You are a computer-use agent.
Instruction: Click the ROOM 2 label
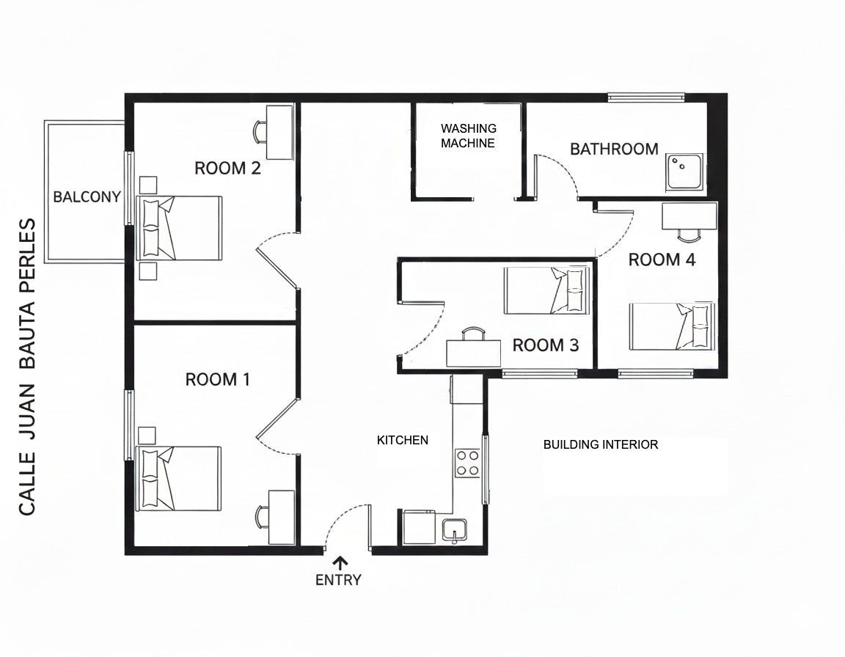(x=227, y=168)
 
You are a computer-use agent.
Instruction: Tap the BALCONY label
(x=87, y=197)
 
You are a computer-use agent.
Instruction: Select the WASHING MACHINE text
(x=468, y=136)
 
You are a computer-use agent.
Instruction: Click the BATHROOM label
(x=615, y=149)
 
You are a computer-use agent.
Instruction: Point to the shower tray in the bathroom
(x=684, y=172)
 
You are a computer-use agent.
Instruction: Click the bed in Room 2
(x=180, y=228)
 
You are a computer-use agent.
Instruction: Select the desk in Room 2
(x=279, y=132)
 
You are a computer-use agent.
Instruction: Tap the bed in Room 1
(x=178, y=478)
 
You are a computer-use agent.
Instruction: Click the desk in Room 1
(x=282, y=518)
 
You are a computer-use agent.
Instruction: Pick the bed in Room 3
(x=547, y=291)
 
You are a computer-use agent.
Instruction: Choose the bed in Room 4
(x=672, y=326)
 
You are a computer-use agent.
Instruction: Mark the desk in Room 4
(x=689, y=216)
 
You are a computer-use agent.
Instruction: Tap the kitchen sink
(x=455, y=530)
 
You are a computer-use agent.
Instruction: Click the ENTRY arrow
(x=340, y=563)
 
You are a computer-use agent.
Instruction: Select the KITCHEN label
(x=403, y=441)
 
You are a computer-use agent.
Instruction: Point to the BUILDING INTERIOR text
(x=600, y=445)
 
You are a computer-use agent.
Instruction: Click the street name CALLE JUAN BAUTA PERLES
(x=27, y=367)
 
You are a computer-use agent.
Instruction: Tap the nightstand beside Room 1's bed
(x=147, y=435)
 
